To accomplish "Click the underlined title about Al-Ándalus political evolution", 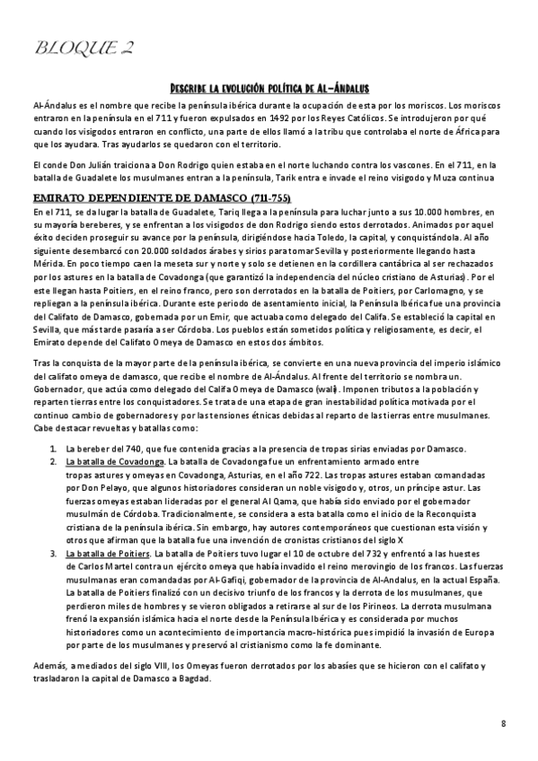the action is point(269,87).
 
